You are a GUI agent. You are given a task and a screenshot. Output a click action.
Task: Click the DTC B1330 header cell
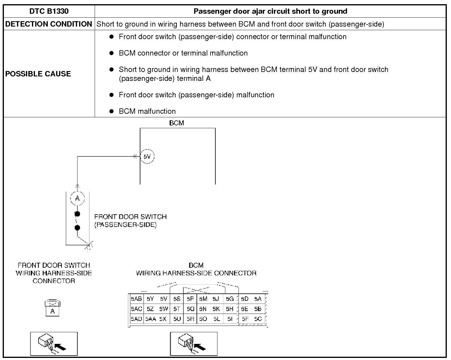(x=49, y=11)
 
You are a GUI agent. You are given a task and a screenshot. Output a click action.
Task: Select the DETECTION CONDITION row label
(x=49, y=24)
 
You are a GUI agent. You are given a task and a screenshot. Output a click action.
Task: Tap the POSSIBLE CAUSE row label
(x=38, y=74)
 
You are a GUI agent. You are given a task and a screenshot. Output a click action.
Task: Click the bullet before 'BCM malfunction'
(x=112, y=111)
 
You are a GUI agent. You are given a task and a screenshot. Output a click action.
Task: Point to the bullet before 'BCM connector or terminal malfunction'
(x=112, y=53)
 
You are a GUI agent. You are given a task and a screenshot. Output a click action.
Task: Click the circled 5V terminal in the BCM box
(x=147, y=156)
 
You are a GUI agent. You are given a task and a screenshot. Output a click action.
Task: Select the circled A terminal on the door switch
(x=77, y=198)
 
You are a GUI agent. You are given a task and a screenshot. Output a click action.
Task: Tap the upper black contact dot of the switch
(x=77, y=214)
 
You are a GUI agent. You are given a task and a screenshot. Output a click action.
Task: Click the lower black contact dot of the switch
(x=77, y=228)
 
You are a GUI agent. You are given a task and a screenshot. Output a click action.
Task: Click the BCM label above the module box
(x=177, y=123)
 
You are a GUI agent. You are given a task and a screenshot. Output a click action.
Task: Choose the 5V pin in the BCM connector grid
(x=163, y=299)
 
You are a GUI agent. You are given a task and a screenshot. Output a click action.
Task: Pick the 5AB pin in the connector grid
(x=136, y=299)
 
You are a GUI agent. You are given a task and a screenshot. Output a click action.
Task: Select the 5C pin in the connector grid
(x=258, y=319)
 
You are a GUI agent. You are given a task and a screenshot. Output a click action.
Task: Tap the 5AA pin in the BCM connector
(x=151, y=319)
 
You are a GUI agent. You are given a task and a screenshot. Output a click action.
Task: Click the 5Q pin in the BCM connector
(x=190, y=309)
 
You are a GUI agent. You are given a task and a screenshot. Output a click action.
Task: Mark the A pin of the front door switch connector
(x=53, y=311)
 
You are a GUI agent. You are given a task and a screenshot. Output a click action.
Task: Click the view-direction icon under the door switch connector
(x=54, y=344)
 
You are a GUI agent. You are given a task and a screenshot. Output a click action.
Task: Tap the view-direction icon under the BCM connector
(x=194, y=344)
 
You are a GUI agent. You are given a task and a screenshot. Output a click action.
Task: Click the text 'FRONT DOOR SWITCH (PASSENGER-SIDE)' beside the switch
(x=130, y=221)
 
